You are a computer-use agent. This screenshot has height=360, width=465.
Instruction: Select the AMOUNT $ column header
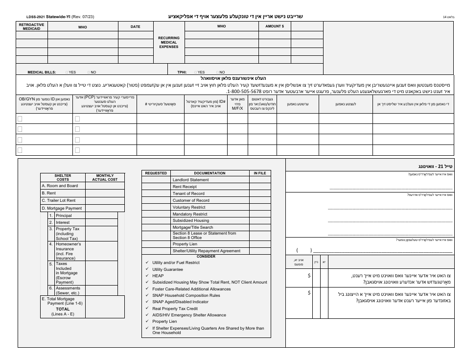click(275, 26)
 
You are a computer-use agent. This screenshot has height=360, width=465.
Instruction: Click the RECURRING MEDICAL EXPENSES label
click(169, 42)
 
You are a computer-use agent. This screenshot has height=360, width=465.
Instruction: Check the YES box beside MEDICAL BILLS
click(67, 72)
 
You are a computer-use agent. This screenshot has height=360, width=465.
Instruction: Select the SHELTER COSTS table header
click(63, 177)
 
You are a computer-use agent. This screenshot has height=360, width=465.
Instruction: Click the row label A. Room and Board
click(60, 186)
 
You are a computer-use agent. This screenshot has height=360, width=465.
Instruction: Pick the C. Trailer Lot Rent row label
click(59, 200)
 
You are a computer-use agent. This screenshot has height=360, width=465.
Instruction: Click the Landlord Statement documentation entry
click(190, 180)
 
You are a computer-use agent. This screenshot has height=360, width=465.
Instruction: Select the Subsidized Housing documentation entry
click(190, 220)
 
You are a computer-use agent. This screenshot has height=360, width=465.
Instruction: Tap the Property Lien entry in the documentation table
click(185, 244)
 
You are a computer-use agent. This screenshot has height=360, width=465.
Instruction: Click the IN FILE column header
click(259, 173)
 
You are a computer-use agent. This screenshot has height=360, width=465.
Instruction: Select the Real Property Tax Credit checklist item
click(176, 309)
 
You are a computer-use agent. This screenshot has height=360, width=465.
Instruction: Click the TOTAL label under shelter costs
click(62, 310)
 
